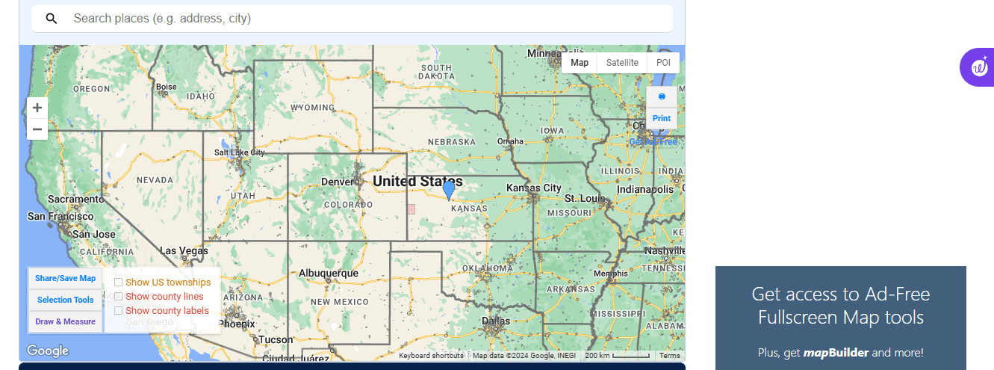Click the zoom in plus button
37,108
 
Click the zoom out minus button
37,129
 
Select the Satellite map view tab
622,63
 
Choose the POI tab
663,63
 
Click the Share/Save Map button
66,278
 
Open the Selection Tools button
66,300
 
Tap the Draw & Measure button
66,321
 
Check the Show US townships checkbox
118,283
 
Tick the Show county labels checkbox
118,311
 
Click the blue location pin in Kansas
449,190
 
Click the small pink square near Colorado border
411,209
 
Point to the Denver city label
337,182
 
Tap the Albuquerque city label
329,274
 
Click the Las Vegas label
184,250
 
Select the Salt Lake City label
239,152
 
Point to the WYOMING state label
312,108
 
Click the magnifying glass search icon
52,19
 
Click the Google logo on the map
48,351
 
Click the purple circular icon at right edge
978,67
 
